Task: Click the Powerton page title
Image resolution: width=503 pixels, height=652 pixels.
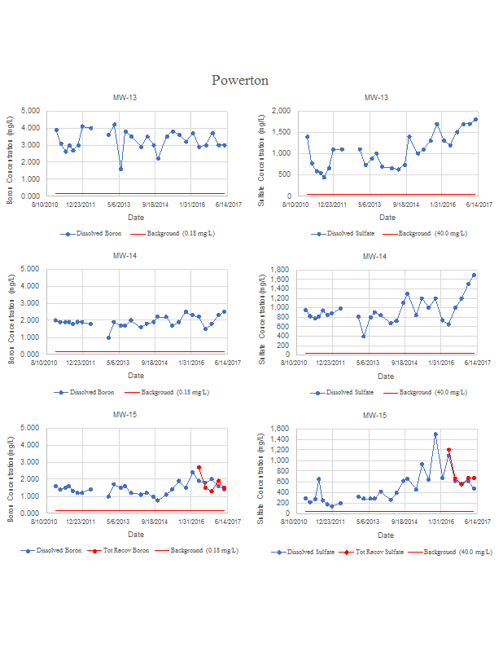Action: (x=240, y=80)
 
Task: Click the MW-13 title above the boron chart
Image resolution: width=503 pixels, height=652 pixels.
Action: (x=125, y=98)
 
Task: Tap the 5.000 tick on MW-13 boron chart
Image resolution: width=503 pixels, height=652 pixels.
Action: (x=29, y=111)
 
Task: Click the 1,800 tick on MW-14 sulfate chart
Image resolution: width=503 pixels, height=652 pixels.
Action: (x=282, y=269)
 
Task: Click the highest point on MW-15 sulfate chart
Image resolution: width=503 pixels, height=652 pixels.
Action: (x=435, y=434)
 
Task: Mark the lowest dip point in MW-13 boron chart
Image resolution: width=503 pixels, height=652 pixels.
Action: (x=120, y=169)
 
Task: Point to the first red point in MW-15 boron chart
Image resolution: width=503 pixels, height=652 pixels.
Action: (x=199, y=468)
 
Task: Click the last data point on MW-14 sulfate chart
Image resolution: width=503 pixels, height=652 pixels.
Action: (x=475, y=275)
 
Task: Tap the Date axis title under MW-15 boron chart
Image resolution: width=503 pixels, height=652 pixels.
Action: (x=135, y=534)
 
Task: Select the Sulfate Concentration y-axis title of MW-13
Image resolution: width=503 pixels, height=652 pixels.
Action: (x=262, y=155)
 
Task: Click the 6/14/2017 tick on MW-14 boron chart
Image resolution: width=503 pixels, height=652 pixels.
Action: (x=224, y=361)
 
